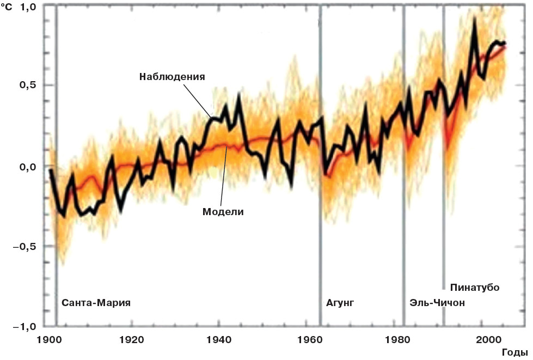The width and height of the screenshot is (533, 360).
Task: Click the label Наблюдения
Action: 172,76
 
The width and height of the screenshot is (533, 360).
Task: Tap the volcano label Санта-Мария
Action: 96,302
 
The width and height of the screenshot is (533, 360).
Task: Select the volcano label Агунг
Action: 340,302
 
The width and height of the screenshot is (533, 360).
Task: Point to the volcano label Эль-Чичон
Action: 437,302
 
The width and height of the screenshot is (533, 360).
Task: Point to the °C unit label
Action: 8,8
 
